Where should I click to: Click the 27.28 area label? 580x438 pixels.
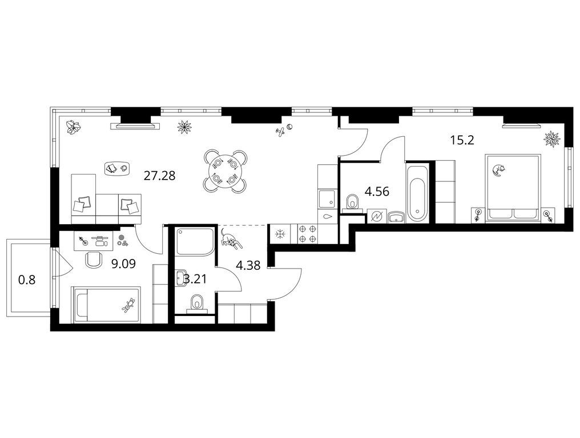point(159,176)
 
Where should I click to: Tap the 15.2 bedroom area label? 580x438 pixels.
point(462,140)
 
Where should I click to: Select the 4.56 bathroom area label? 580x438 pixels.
point(377,192)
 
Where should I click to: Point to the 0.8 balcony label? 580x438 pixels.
point(27,280)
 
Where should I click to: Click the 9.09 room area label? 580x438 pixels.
point(123,263)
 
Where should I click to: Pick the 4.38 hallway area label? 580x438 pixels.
point(248,265)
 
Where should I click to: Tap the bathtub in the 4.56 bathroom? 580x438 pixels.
point(417,194)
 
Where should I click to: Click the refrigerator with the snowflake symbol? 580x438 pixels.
point(280,234)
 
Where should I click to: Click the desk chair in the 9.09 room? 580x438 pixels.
point(95,259)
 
